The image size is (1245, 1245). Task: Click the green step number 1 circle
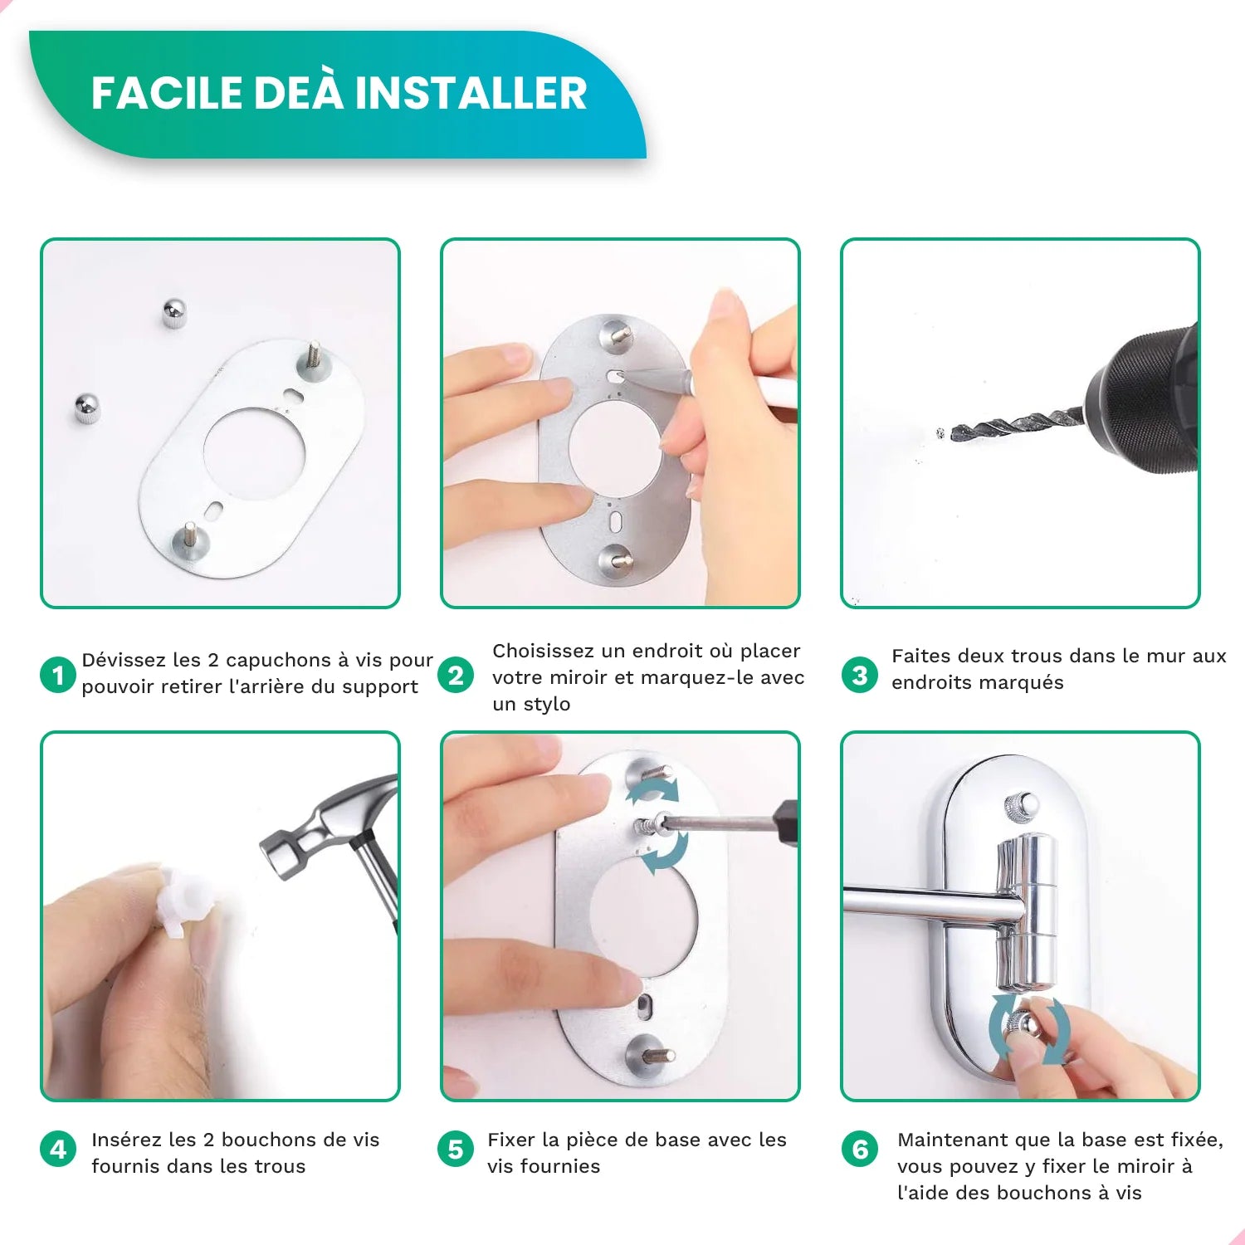click(x=58, y=675)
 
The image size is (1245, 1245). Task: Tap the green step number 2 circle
click(x=456, y=676)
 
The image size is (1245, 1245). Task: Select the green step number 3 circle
click(x=859, y=675)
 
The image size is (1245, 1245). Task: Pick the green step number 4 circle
click(x=58, y=1150)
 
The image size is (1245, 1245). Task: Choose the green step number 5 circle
click(x=456, y=1150)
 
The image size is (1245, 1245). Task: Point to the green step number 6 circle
click(x=859, y=1150)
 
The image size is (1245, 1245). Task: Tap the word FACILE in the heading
click(x=166, y=93)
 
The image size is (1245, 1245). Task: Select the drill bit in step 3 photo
click(x=1013, y=426)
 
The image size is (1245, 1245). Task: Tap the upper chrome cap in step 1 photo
click(x=173, y=313)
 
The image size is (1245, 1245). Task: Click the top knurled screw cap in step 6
click(x=1021, y=804)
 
